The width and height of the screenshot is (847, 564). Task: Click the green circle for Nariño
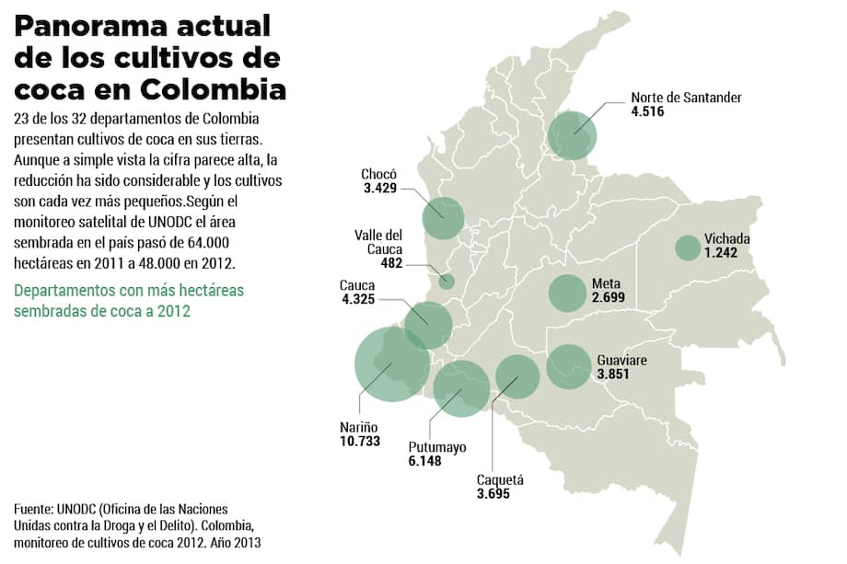391,364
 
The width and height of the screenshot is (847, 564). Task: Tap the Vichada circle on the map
688,247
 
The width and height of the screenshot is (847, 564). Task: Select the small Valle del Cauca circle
447,281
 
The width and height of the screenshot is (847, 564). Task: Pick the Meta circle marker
568,293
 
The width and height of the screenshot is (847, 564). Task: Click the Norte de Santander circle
572,134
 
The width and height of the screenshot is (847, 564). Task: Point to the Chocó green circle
443,217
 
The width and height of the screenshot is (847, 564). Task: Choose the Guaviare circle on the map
568,365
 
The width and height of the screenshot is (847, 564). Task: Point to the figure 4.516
647,111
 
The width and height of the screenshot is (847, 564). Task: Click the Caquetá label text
500,479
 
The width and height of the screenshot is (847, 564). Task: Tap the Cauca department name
357,284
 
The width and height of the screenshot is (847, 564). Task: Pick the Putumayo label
437,447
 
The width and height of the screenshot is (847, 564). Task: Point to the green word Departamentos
71,291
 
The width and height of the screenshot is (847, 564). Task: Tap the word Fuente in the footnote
33,509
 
